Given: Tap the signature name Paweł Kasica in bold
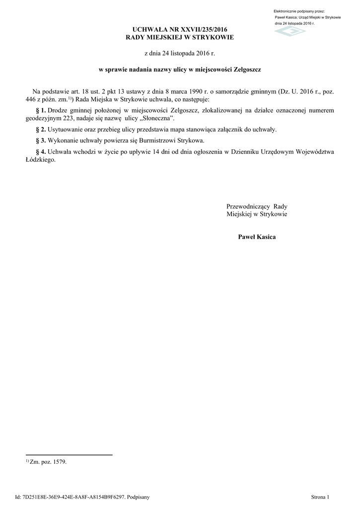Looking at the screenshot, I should point(257,237).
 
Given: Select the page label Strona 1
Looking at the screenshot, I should point(320,497).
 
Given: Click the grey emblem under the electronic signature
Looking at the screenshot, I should point(290,31).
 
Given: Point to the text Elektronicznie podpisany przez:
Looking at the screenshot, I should point(299,11).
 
